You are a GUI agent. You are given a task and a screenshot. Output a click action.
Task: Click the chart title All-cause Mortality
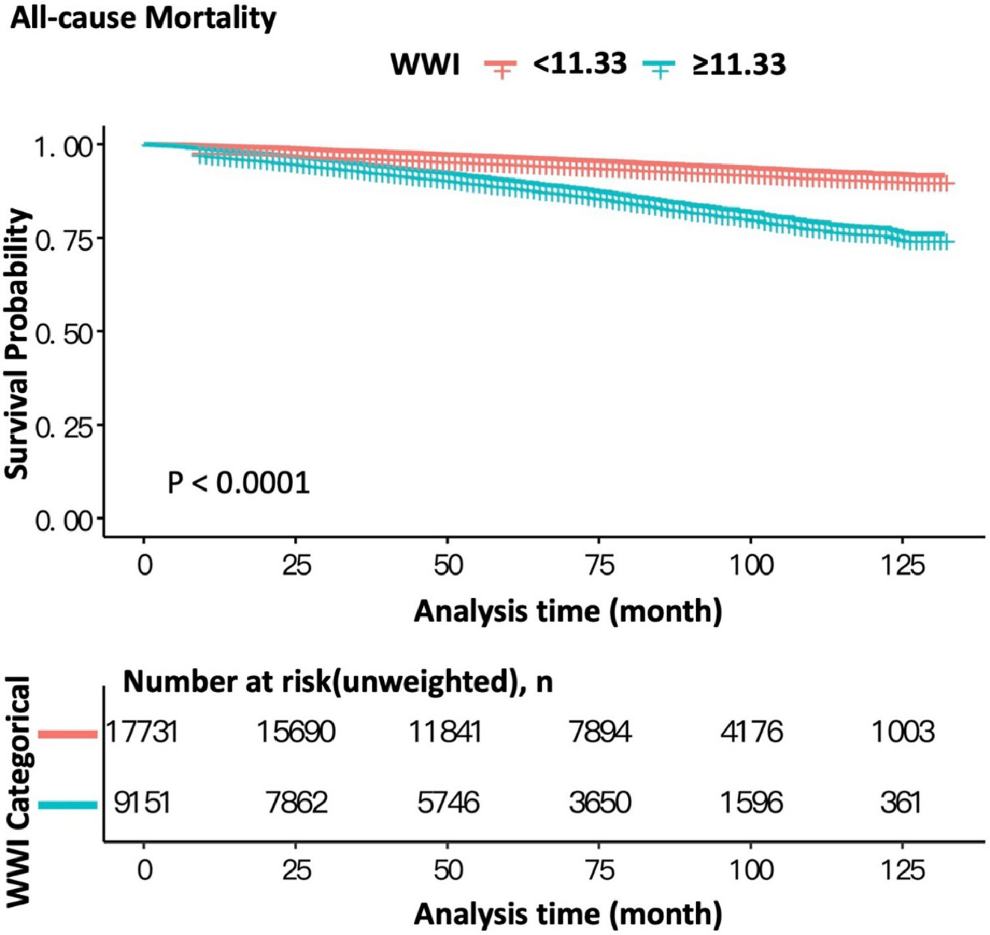(143, 18)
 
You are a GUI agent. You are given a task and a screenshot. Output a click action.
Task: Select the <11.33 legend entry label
(579, 63)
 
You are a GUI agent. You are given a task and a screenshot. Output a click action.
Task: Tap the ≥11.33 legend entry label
(738, 65)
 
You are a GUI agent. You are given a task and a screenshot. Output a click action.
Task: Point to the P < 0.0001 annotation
(238, 483)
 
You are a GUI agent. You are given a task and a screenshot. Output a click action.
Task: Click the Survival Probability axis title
(18, 344)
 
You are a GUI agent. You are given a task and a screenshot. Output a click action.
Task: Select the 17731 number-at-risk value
(143, 732)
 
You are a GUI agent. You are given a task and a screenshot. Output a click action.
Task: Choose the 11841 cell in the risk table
(446, 732)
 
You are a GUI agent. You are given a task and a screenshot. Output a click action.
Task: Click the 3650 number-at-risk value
(599, 803)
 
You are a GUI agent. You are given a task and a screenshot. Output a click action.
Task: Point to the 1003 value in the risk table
(903, 732)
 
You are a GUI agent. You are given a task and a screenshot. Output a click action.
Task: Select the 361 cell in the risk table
(901, 803)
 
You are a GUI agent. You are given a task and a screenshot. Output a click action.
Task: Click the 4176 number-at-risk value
(752, 732)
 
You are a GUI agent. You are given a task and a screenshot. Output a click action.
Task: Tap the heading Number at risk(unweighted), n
(337, 682)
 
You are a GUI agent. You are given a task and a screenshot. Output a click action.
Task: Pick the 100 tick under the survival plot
(751, 565)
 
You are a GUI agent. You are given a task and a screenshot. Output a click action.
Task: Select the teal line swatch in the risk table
(68, 804)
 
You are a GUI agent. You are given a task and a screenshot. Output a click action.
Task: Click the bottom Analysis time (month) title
(568, 914)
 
